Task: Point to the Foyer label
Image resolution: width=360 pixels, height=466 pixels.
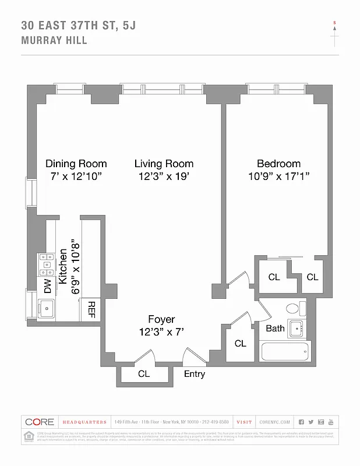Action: [x=160, y=319]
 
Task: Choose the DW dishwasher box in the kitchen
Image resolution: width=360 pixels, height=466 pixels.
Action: [x=47, y=285]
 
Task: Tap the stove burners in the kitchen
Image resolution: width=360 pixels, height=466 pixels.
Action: [x=46, y=265]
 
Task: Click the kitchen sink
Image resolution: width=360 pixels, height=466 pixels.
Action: [x=47, y=307]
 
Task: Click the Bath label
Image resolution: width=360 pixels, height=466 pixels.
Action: [x=275, y=329]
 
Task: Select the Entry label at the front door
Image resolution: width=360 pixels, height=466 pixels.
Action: [x=194, y=374]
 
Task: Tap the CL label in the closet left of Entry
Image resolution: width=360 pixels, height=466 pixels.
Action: [x=144, y=374]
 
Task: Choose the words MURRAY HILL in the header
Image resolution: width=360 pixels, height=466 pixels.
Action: [x=54, y=41]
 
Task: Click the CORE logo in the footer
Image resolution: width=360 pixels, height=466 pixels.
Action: [x=40, y=422]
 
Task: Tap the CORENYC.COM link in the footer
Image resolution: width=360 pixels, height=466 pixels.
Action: [x=274, y=422]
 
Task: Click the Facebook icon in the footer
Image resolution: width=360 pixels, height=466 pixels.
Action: [x=301, y=422]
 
